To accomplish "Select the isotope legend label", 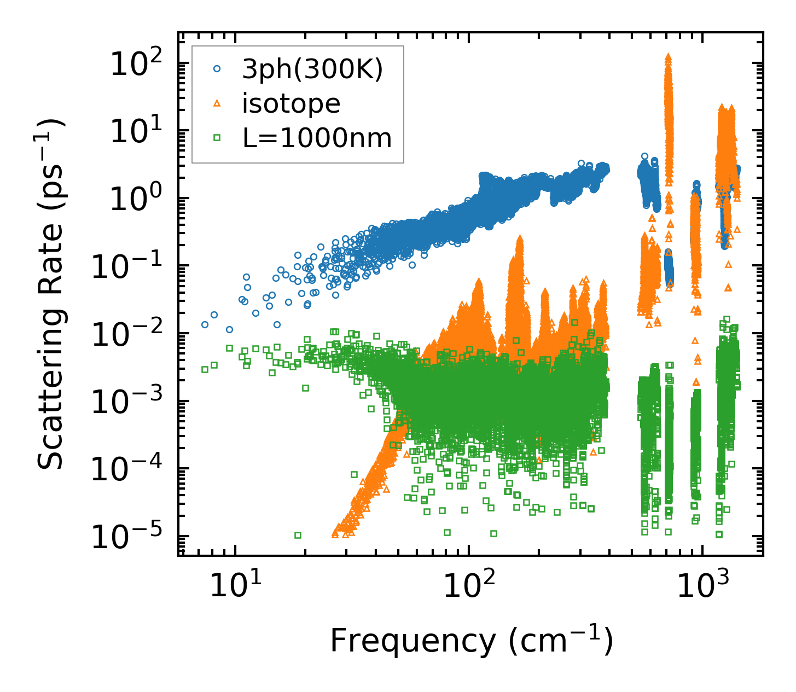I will (x=291, y=103).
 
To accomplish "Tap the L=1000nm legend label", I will (x=317, y=138).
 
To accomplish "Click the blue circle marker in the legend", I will (x=217, y=69).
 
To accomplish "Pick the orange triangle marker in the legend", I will (x=217, y=103).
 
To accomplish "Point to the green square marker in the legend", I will (x=217, y=138).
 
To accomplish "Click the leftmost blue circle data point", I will (x=205, y=324).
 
